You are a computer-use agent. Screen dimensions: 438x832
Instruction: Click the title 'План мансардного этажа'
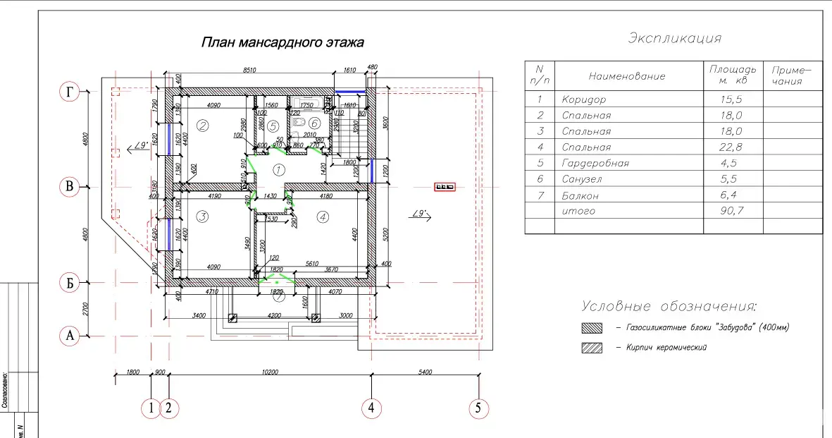pos(282,43)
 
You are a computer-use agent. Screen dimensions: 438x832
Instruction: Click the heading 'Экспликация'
pos(674,38)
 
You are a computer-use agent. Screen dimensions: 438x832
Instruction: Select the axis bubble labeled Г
pos(69,92)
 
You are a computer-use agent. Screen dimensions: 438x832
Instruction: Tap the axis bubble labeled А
pos(69,335)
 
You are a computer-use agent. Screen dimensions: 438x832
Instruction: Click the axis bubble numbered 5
pos(479,408)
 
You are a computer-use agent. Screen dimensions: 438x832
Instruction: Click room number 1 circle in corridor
pos(278,170)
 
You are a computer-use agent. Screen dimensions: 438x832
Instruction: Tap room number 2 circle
pos(202,127)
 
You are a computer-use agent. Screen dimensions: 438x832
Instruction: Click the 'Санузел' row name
pos(582,179)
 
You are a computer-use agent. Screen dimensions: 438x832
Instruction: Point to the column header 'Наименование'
pos(626,76)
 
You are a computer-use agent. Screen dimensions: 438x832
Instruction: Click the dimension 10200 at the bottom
pos(271,372)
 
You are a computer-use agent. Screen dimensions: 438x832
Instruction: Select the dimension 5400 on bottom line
pos(424,372)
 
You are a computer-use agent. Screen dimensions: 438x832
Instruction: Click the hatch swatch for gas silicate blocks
pos(592,328)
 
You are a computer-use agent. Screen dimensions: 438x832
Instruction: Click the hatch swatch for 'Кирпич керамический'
pos(592,347)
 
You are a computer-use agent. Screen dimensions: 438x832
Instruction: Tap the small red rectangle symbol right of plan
pos(445,187)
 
